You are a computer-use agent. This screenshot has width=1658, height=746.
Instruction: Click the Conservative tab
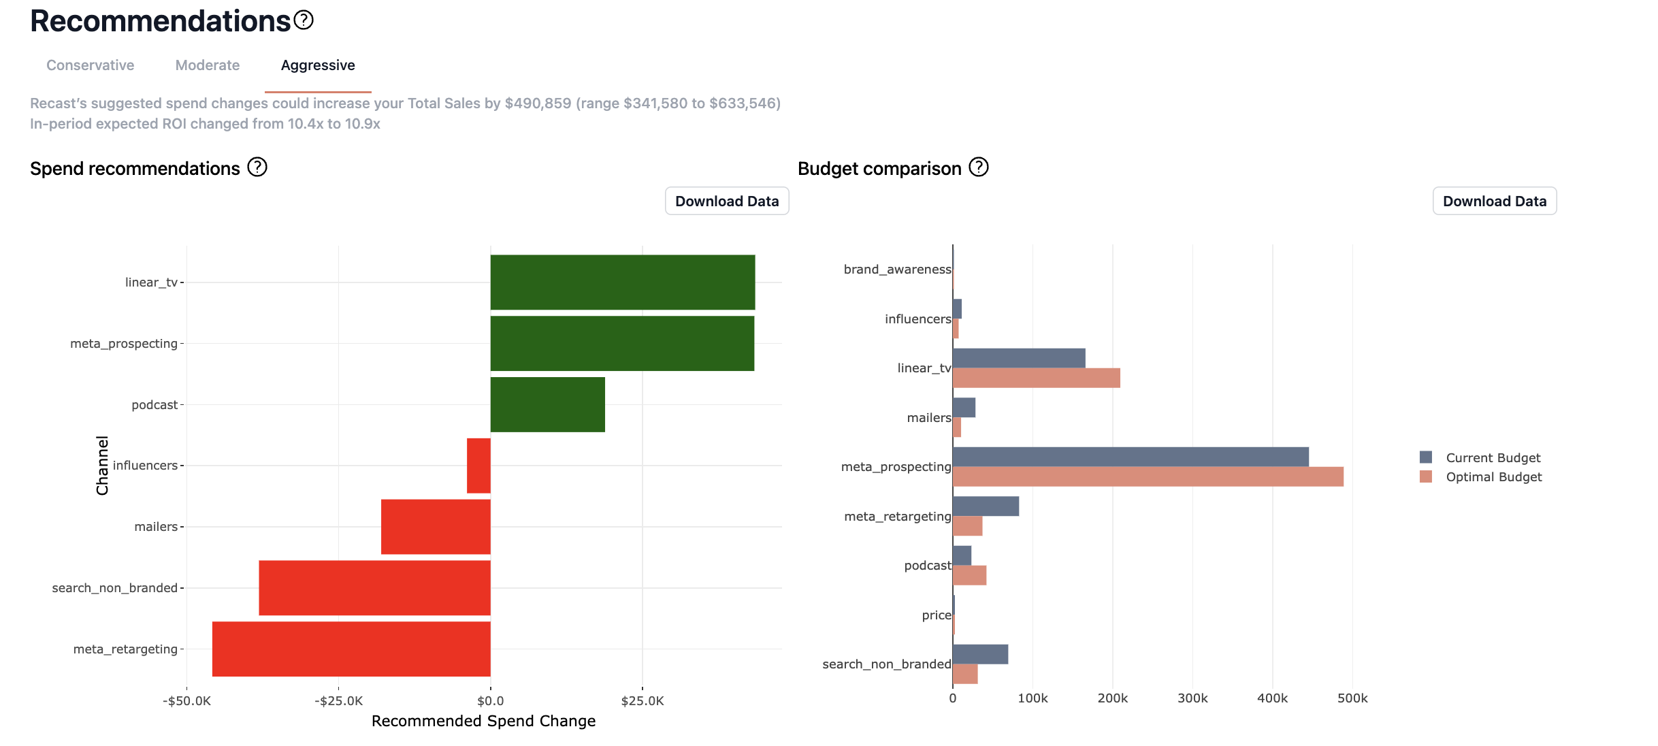tap(90, 65)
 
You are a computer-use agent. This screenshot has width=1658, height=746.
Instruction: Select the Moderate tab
tap(208, 65)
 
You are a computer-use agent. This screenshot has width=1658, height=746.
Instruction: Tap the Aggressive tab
tap(318, 65)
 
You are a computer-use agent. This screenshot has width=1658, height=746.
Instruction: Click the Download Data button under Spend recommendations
tap(726, 201)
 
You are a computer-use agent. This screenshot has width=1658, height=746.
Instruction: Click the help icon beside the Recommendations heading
tap(304, 20)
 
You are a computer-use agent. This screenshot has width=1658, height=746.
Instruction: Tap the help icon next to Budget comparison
tap(978, 167)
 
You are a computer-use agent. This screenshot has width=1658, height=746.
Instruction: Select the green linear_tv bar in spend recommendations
tap(622, 282)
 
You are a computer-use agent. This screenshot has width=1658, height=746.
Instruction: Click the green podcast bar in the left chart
tap(547, 404)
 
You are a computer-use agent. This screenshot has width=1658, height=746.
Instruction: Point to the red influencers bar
tap(478, 466)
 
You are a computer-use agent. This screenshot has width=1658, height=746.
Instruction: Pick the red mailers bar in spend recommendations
tap(436, 527)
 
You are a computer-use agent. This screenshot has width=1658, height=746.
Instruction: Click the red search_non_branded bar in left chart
tap(374, 588)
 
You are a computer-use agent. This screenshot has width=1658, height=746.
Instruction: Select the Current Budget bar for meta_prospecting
tap(1130, 457)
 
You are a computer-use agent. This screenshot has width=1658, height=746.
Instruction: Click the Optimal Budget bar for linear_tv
tap(1036, 378)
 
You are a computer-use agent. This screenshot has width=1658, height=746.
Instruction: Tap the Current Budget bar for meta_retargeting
tap(986, 506)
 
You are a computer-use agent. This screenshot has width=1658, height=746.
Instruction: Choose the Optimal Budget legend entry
tap(1493, 477)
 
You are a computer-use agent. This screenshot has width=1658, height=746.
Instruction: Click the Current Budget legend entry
tap(1493, 458)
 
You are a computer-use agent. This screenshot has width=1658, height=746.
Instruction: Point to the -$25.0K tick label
tap(338, 701)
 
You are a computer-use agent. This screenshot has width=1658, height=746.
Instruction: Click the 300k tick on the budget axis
tap(1192, 698)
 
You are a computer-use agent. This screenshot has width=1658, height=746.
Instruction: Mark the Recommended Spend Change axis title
tap(483, 721)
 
